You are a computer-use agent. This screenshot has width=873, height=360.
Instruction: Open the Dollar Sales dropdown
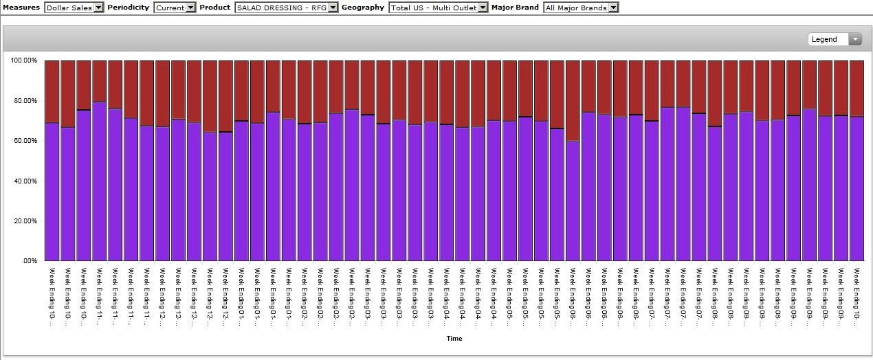[74, 8]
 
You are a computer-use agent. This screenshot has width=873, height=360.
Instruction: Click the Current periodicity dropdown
[175, 8]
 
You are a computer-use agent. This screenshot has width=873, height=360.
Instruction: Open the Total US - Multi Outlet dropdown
[438, 8]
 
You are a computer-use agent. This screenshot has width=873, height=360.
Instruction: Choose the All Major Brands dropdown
[580, 8]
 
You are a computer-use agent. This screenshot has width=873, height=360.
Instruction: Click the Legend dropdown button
[835, 39]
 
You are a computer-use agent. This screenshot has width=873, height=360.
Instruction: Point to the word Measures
[21, 8]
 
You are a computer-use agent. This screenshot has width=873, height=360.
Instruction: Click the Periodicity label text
[128, 8]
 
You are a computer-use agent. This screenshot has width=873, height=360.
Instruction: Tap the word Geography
[363, 8]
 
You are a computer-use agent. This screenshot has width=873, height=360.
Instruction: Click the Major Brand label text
[515, 8]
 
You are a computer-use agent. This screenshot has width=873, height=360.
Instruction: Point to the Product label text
[215, 8]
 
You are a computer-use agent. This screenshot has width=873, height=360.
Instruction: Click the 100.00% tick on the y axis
[24, 60]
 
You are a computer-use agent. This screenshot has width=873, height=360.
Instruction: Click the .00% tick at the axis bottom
[29, 262]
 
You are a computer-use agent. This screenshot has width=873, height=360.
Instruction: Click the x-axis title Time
[454, 339]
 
